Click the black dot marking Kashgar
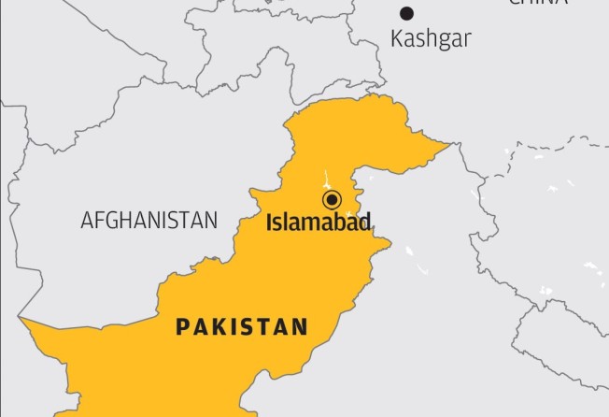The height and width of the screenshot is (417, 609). pyautogui.click(x=406, y=13)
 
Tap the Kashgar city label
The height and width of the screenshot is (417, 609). pyautogui.click(x=431, y=39)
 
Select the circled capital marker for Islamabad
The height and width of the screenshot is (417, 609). pyautogui.click(x=331, y=199)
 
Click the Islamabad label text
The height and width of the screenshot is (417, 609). pyautogui.click(x=319, y=223)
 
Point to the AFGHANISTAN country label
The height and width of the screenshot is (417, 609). pyautogui.click(x=149, y=221)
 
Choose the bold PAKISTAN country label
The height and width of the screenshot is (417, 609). pyautogui.click(x=242, y=326)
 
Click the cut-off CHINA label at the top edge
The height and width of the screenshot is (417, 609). pyautogui.click(x=537, y=3)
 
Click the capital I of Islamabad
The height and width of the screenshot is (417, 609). pyautogui.click(x=269, y=223)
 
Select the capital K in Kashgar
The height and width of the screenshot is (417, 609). pyautogui.click(x=396, y=39)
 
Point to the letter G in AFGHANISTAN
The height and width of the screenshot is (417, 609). pyautogui.click(x=107, y=221)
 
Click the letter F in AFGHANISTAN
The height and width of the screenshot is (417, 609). pyautogui.click(x=96, y=221)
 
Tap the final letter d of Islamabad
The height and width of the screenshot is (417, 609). pyautogui.click(x=365, y=223)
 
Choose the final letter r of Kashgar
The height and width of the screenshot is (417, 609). pyautogui.click(x=466, y=40)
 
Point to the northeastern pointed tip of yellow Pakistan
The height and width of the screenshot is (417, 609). pyautogui.click(x=450, y=145)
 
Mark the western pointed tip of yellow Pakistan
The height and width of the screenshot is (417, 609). pyautogui.click(x=22, y=320)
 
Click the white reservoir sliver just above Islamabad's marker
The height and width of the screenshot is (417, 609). pyautogui.click(x=326, y=178)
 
